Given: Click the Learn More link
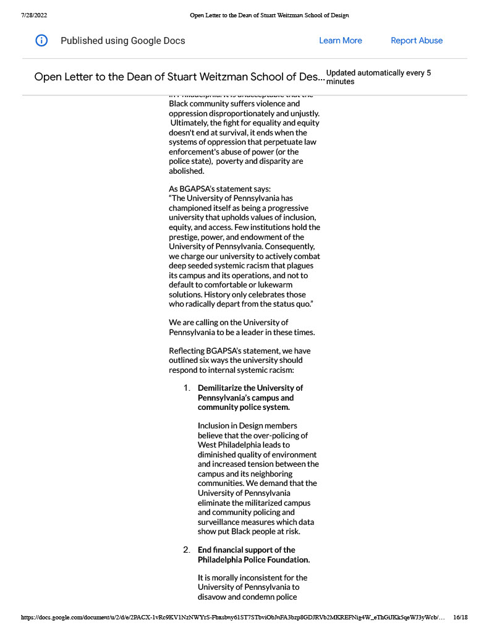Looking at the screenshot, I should pyautogui.click(x=340, y=41).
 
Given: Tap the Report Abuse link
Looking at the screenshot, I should pyautogui.click(x=417, y=41).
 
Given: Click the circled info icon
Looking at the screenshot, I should pyautogui.click(x=41, y=41).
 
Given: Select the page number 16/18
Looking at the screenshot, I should pyautogui.click(x=461, y=617).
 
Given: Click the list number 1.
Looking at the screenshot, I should pyautogui.click(x=186, y=388).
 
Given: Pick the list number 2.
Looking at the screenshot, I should pyautogui.click(x=186, y=550).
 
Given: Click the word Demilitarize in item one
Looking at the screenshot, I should pyautogui.click(x=222, y=388).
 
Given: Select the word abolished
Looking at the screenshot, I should pyautogui.click(x=186, y=171).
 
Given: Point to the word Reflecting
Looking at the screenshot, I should pyautogui.click(x=188, y=351).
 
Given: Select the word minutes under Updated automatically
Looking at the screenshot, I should pyautogui.click(x=340, y=82).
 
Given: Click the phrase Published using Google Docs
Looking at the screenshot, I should pyautogui.click(x=122, y=41).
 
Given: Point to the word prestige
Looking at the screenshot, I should pyautogui.click(x=186, y=237).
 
